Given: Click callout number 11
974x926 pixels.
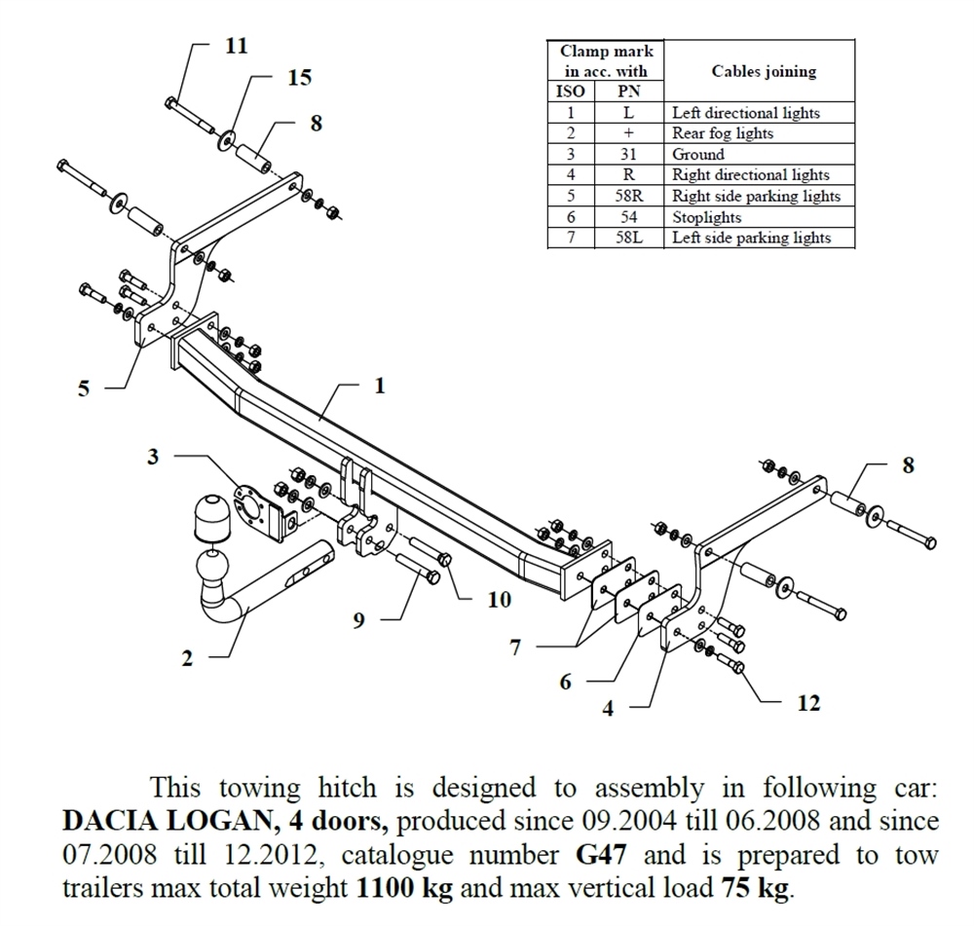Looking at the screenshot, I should point(237,46).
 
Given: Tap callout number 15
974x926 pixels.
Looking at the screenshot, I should point(299,78).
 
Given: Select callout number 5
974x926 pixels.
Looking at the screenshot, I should point(84,389).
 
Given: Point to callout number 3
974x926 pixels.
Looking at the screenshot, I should point(153,456).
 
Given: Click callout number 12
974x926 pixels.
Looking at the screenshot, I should point(808,702).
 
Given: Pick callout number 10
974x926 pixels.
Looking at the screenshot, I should point(499,600).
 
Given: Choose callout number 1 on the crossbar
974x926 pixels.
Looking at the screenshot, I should point(379,386).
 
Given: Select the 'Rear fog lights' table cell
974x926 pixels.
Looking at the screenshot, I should point(723,133).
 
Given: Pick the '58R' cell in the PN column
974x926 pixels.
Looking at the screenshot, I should point(628,196).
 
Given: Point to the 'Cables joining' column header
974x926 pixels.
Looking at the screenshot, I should point(764,71).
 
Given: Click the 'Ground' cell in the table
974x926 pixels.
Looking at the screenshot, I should point(698,154).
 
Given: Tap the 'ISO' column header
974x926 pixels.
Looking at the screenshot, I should point(571,92).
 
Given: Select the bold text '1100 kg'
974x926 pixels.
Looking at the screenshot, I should point(392,888).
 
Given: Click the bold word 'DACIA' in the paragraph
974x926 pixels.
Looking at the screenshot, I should point(109,821).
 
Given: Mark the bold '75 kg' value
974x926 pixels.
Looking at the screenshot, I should point(756,888).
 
